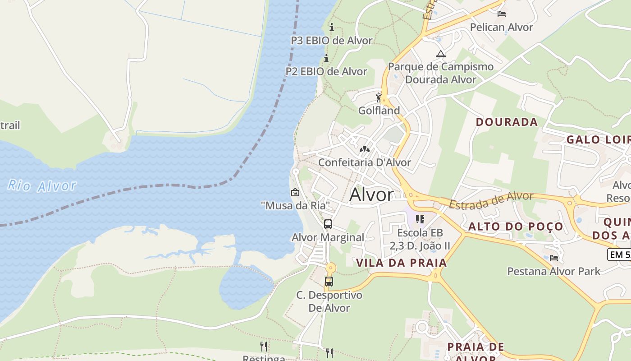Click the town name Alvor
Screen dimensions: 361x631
(x=371, y=195)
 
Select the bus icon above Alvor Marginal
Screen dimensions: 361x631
(x=328, y=224)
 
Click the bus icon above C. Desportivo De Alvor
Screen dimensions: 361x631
(x=329, y=282)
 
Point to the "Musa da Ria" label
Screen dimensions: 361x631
(x=295, y=206)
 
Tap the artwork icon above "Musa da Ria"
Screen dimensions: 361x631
(x=295, y=192)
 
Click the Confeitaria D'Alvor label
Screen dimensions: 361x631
(x=365, y=162)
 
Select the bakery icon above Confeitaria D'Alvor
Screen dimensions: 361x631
(x=365, y=149)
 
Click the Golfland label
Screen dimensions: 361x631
(x=379, y=111)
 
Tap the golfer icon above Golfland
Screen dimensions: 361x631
(x=379, y=97)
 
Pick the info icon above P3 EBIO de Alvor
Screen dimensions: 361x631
(x=332, y=27)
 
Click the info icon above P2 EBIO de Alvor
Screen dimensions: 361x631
(x=326, y=58)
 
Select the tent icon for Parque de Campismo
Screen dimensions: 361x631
(x=440, y=54)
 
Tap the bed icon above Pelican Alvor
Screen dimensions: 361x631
(x=501, y=14)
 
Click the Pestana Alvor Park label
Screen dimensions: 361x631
(x=554, y=271)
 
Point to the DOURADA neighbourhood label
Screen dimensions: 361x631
(x=507, y=122)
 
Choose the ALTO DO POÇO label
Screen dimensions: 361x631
(x=516, y=227)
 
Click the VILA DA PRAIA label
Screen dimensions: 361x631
(x=402, y=263)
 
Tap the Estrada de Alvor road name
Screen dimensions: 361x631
(x=491, y=200)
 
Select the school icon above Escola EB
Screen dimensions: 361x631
(x=420, y=219)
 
